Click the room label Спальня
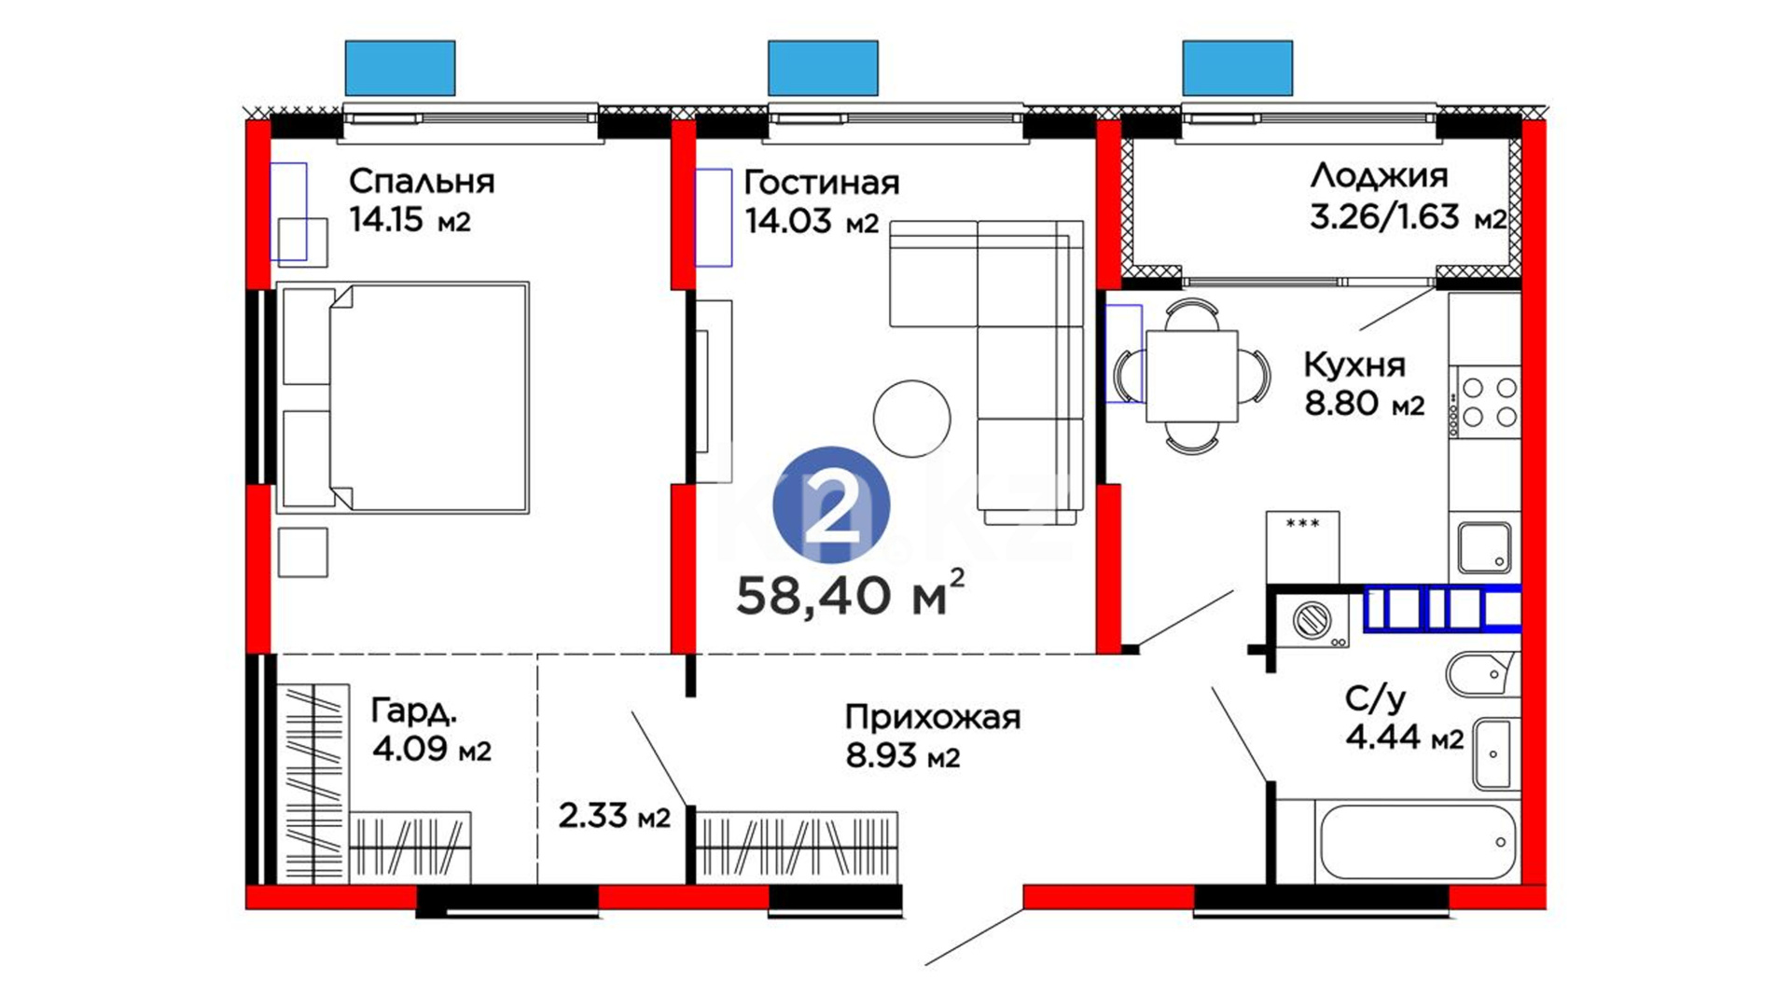(422, 181)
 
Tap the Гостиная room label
(822, 183)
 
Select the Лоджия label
(1379, 175)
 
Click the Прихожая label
(933, 717)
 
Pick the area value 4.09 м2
(431, 750)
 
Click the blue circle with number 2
(831, 505)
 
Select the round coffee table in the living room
(912, 419)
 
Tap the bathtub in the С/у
(1418, 842)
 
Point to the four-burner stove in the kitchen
(1485, 402)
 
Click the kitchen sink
(1485, 547)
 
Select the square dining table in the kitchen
(1192, 377)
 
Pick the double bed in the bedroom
(403, 398)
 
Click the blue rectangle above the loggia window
(1238, 68)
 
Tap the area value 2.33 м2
(615, 816)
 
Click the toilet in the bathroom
(1481, 672)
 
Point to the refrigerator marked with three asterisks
(1302, 547)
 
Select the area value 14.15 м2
(410, 220)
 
